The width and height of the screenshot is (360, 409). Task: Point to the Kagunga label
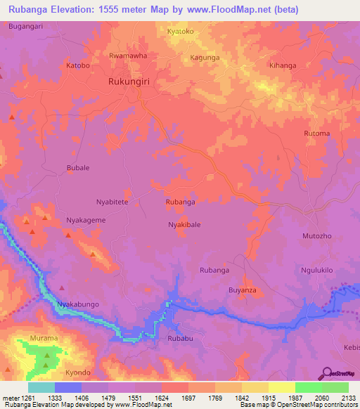205,58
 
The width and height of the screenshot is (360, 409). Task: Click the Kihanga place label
283,65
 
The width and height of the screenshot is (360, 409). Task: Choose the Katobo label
78,65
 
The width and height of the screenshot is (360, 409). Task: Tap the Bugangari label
26,26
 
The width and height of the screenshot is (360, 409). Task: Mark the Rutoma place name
316,134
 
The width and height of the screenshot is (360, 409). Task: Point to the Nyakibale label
184,225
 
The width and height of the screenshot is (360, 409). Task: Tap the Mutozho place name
316,236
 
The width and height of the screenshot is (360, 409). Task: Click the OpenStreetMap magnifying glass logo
325,372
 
